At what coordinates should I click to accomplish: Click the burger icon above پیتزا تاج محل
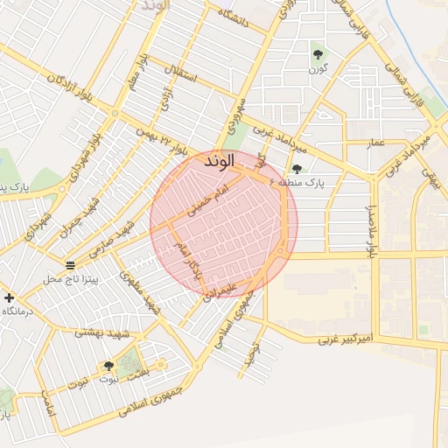point(70,265)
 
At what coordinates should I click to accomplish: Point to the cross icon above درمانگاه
point(10,297)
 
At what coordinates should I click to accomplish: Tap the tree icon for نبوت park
point(108,367)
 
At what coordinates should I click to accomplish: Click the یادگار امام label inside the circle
point(189,260)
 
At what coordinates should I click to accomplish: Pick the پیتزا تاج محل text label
point(73,279)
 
